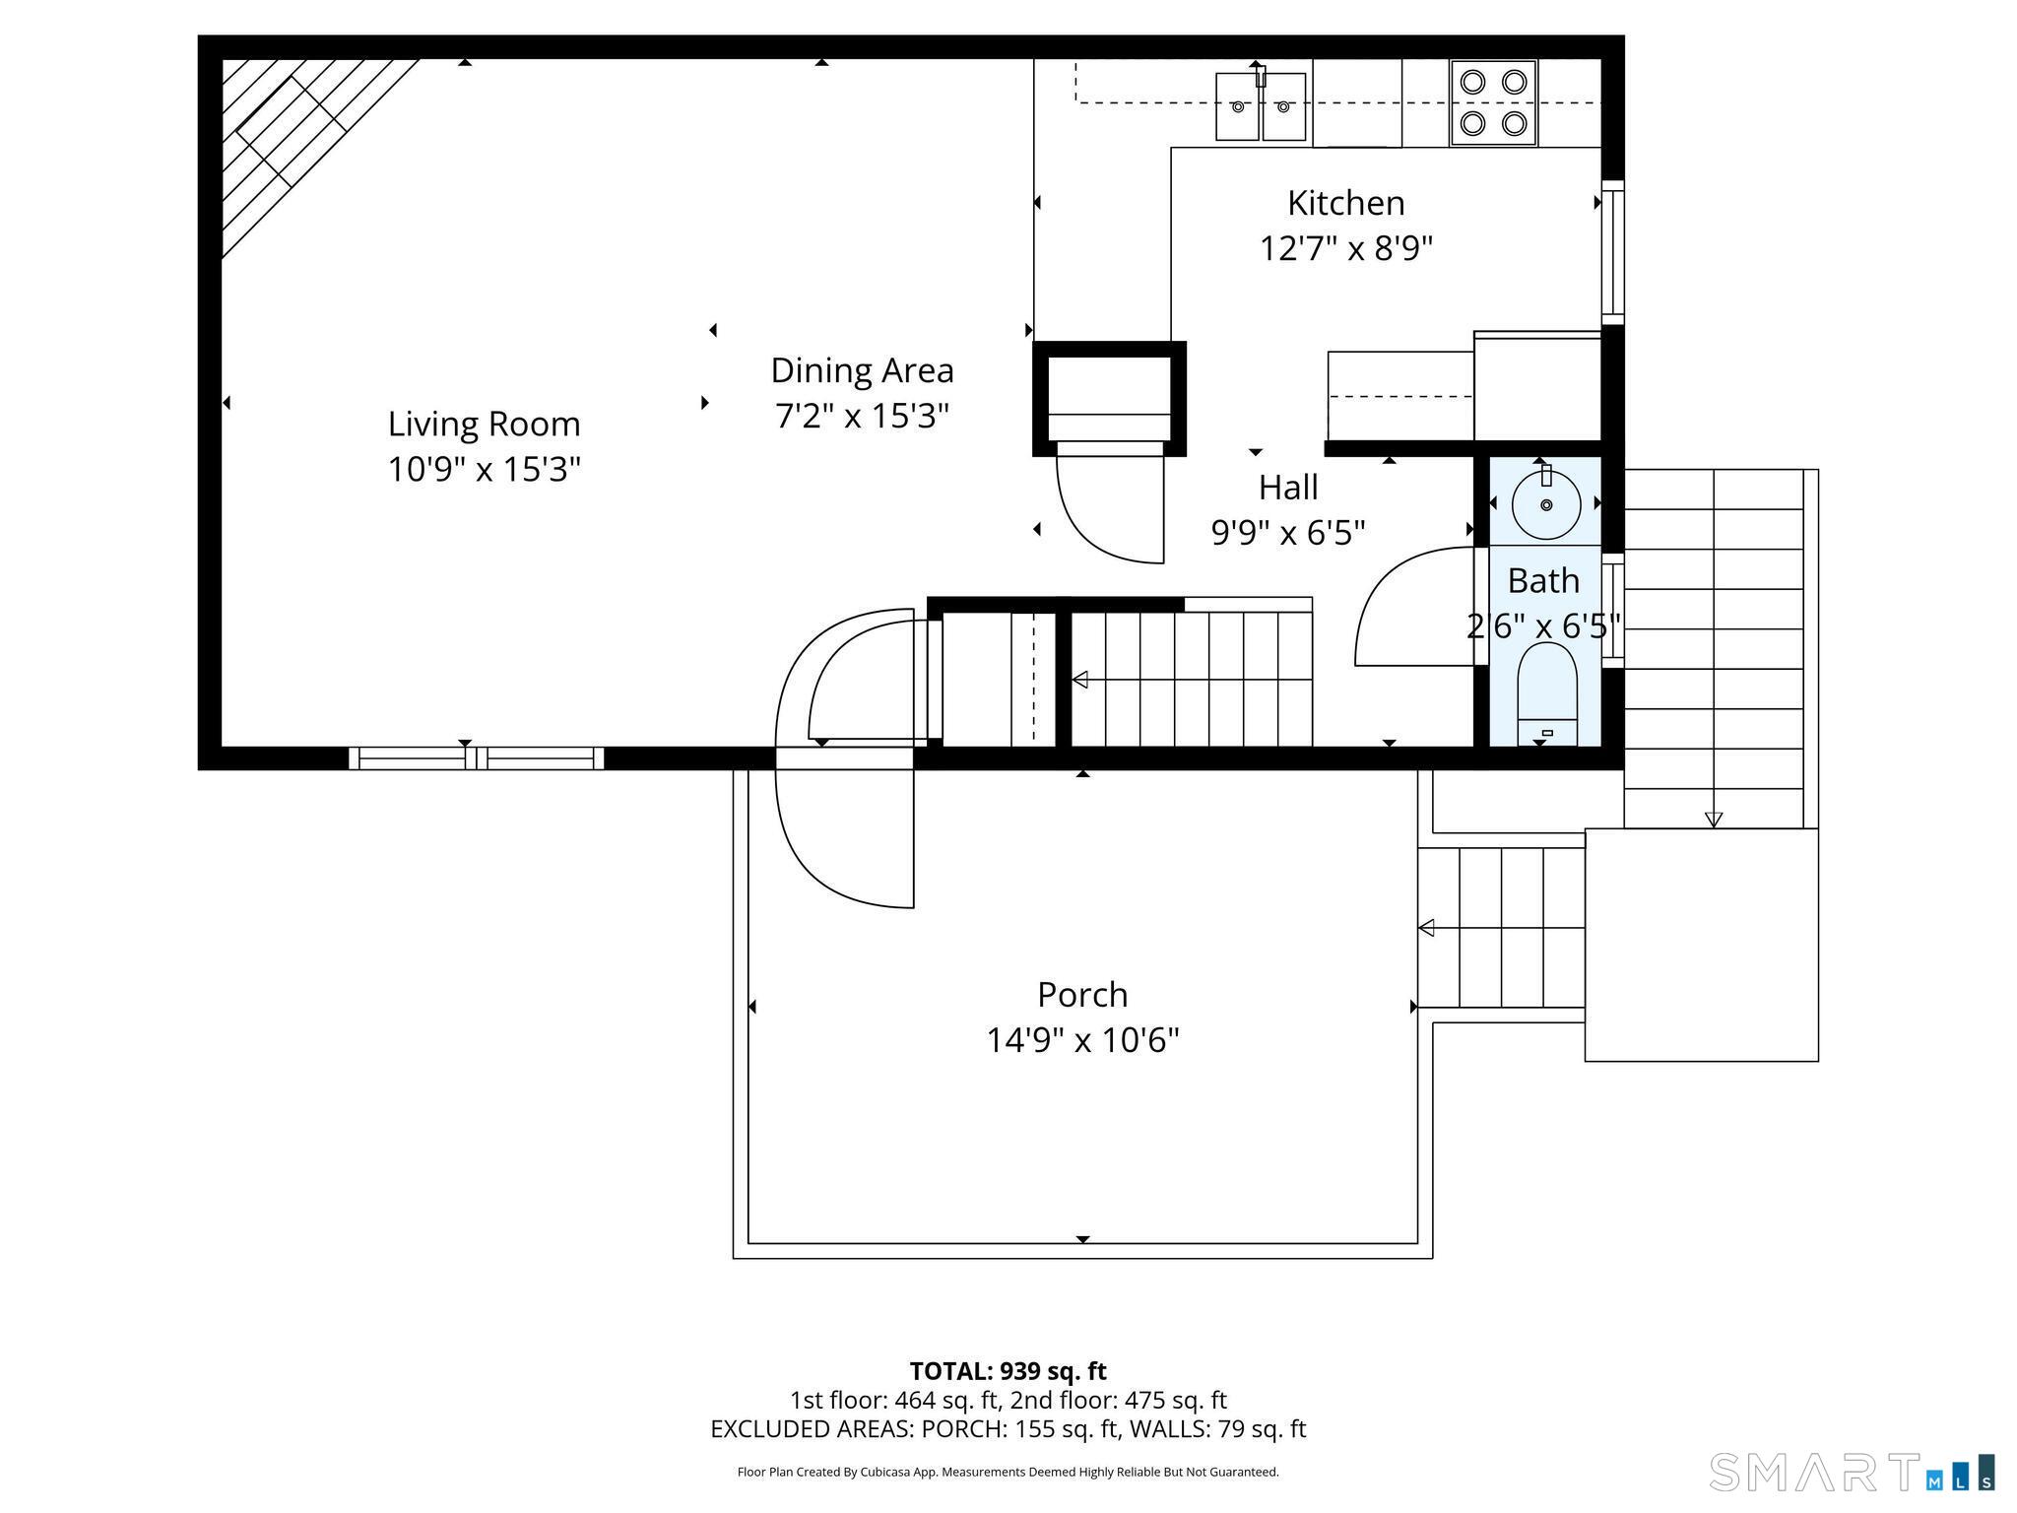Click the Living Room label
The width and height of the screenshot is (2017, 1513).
pyautogui.click(x=484, y=425)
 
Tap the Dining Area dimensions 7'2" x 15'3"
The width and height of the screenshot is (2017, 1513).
pyautogui.click(x=862, y=416)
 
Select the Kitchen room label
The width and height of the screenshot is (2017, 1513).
pyautogui.click(x=1346, y=203)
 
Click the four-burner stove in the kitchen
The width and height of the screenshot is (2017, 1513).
pyautogui.click(x=1493, y=103)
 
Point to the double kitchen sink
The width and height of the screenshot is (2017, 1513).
pyautogui.click(x=1261, y=105)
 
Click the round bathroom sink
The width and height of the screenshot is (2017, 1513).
pyautogui.click(x=1546, y=503)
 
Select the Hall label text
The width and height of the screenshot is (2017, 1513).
pyautogui.click(x=1288, y=488)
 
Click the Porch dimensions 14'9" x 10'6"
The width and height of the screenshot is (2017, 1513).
pyautogui.click(x=1082, y=1040)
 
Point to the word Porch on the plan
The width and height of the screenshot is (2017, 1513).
pyautogui.click(x=1082, y=995)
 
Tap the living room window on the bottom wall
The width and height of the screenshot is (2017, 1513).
pyautogui.click(x=477, y=757)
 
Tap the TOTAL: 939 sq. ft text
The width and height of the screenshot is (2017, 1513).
pyautogui.click(x=1008, y=1371)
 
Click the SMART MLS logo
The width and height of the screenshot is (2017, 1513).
pyautogui.click(x=1852, y=1472)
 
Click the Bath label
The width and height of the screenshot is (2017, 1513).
pyautogui.click(x=1543, y=581)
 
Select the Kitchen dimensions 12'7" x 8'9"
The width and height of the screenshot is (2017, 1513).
pyautogui.click(x=1346, y=248)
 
